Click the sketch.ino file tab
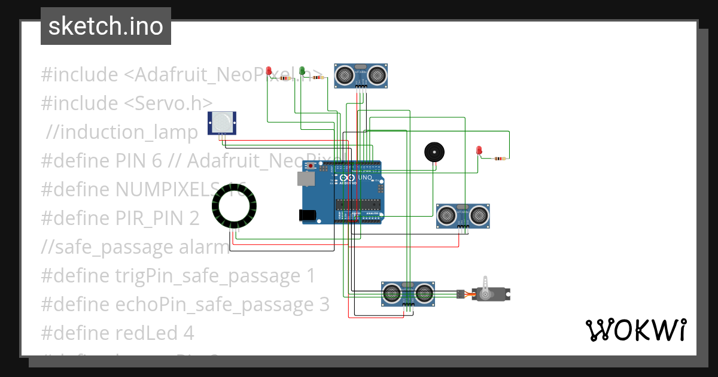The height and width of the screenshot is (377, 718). tap(106, 26)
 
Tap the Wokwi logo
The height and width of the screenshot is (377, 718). tap(635, 330)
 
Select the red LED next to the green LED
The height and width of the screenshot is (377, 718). tap(269, 72)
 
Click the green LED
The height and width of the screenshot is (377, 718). tap(302, 72)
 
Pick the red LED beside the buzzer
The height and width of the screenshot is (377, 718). tap(479, 151)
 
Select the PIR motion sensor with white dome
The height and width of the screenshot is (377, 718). tap(222, 123)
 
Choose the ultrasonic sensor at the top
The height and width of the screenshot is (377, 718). tap(360, 75)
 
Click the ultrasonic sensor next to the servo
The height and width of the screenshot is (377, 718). tap(407, 293)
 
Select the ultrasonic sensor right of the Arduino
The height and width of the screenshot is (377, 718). tap(464, 215)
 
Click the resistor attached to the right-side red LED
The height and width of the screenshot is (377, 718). tap(498, 159)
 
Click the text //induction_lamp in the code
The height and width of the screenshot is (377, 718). tap(123, 132)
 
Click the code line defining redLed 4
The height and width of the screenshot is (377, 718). tap(117, 332)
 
